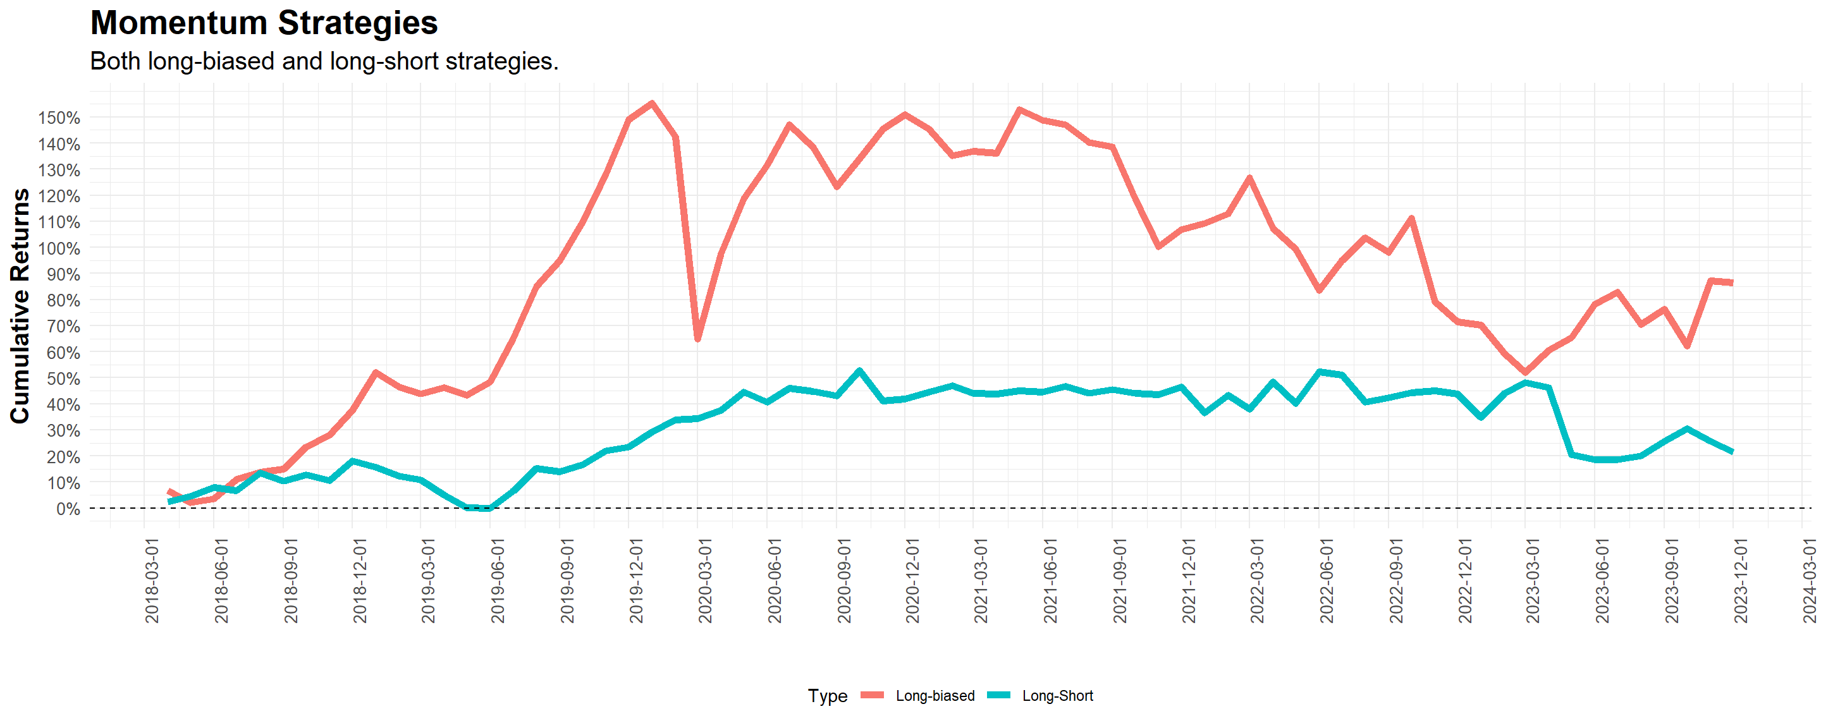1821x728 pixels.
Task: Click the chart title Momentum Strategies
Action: point(264,23)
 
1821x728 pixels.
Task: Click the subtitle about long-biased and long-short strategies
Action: point(324,61)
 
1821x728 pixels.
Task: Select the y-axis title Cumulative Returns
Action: point(20,305)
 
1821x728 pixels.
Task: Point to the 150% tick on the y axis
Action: point(59,118)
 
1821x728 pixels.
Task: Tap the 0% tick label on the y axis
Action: point(68,509)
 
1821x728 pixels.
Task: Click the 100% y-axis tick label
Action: point(59,249)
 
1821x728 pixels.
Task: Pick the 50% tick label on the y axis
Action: point(63,379)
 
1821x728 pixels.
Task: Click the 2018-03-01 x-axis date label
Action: point(152,580)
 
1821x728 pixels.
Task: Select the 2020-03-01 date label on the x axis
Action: point(705,580)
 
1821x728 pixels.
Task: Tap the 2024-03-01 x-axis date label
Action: point(1810,580)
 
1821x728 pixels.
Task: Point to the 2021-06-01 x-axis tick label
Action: point(1050,580)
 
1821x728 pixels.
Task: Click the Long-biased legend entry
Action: point(934,696)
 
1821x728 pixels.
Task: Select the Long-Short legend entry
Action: point(1057,696)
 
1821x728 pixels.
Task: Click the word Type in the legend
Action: point(827,696)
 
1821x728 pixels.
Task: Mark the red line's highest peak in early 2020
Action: point(652,103)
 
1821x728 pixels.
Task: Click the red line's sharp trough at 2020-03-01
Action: point(697,339)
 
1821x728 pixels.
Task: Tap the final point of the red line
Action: point(1732,282)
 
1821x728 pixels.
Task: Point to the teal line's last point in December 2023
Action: point(1732,452)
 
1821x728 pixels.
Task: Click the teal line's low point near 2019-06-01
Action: point(489,508)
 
